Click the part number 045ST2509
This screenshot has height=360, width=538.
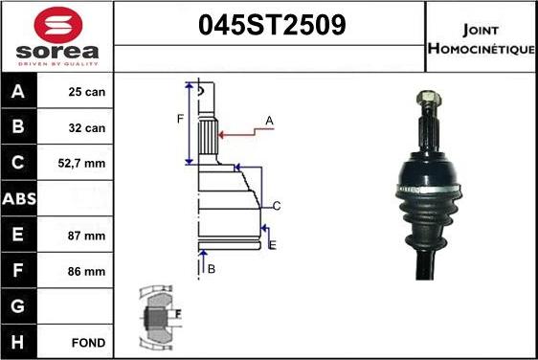click(x=272, y=25)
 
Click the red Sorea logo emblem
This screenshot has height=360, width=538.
click(x=58, y=24)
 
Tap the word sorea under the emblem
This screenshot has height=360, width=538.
click(x=57, y=52)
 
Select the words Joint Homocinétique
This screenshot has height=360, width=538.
click(x=482, y=39)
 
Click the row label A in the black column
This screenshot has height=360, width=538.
click(x=18, y=91)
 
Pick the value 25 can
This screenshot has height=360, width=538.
click(x=87, y=92)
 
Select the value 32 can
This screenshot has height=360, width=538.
click(x=87, y=128)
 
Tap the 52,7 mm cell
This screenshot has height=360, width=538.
click(x=81, y=164)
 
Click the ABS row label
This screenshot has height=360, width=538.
click(x=19, y=199)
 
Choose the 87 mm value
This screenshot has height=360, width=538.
click(x=86, y=236)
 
